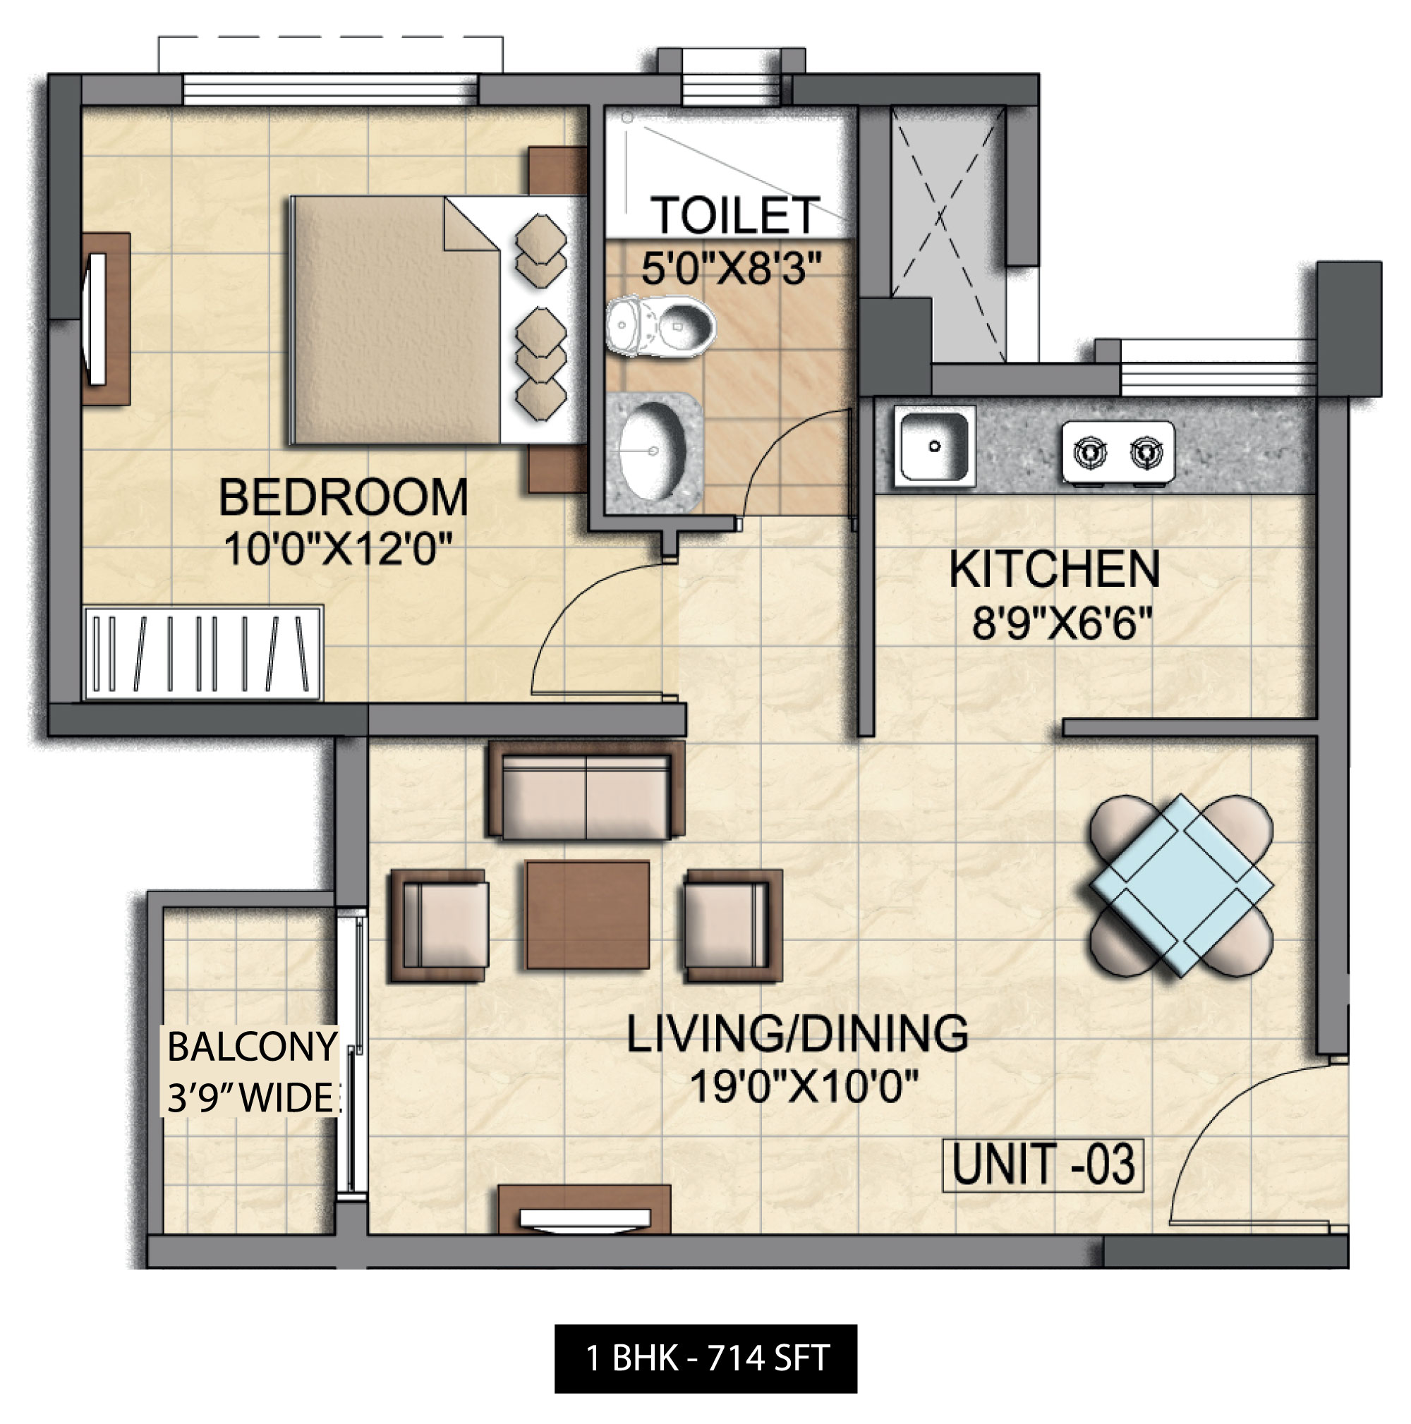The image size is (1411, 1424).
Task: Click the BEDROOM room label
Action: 343,497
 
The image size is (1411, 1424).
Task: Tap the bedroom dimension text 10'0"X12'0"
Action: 338,549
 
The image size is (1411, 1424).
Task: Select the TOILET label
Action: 735,215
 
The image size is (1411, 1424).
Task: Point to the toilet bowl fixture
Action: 661,327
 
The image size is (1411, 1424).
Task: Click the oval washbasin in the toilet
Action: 652,451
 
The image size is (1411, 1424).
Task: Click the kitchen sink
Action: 935,446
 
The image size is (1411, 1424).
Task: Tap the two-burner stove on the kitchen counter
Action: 1118,452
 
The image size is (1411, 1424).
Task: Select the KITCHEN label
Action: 1054,570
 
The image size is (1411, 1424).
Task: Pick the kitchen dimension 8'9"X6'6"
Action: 1062,623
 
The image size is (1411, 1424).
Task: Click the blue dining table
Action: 1181,885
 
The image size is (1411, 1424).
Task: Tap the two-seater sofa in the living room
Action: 586,790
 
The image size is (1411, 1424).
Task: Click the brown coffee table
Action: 588,915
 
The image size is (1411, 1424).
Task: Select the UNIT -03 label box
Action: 1043,1164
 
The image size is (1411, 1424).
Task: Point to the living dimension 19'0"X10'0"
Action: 804,1085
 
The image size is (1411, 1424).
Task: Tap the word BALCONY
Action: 252,1047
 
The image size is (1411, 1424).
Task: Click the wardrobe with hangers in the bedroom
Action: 203,653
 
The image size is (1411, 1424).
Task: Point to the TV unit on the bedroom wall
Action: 105,319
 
